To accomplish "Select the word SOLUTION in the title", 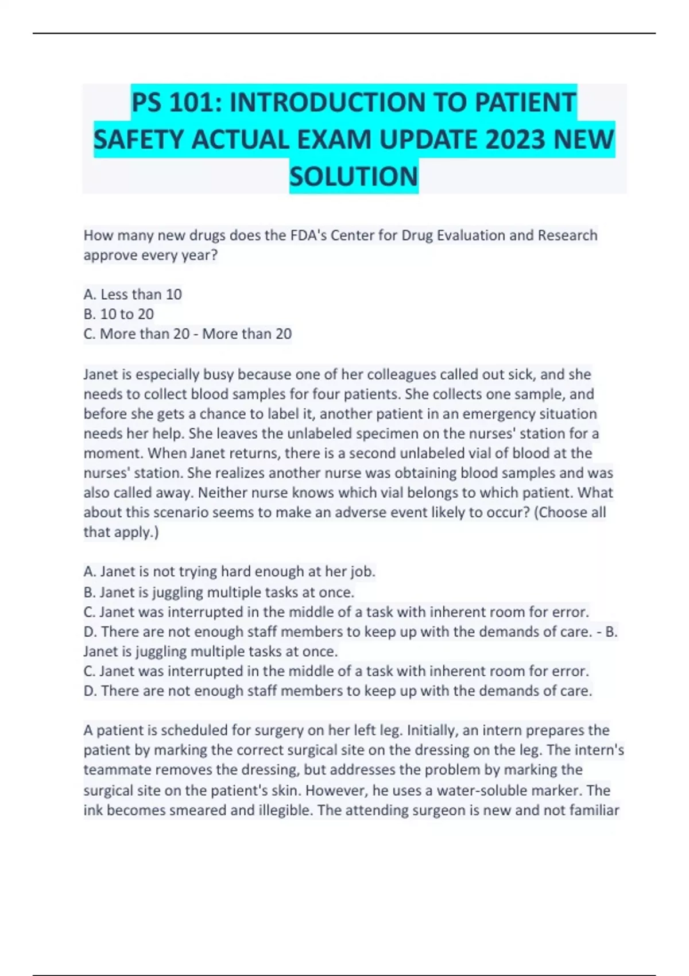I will click(354, 176).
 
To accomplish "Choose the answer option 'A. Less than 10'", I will click(133, 295).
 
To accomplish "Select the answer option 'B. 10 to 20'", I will click(119, 314).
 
